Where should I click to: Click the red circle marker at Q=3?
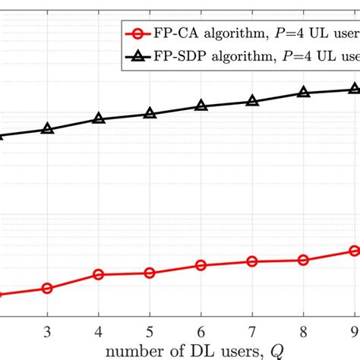tap(47, 289)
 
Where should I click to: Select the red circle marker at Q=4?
tap(99, 274)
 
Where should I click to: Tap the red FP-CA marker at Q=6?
tap(201, 265)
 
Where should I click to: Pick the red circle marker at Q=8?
tap(304, 260)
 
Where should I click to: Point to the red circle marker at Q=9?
tap(354, 251)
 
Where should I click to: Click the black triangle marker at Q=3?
tap(47, 129)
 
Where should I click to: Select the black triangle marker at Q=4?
tap(99, 118)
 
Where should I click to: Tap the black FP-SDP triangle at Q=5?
tap(150, 114)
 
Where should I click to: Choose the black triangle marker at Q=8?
tap(304, 93)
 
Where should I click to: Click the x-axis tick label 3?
tap(47, 332)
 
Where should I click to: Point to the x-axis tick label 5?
tap(150, 332)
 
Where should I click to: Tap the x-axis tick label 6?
tap(201, 332)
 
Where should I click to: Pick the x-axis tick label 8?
tap(304, 332)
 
